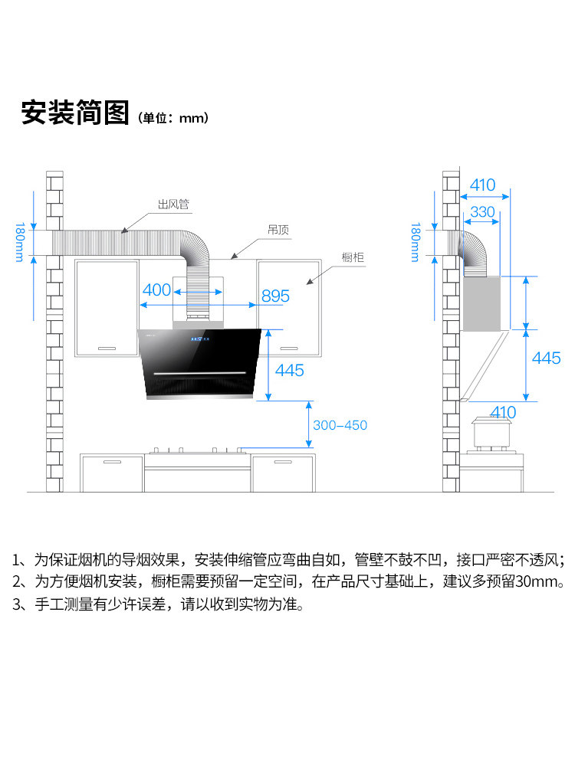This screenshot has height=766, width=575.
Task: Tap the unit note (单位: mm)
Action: click(x=173, y=118)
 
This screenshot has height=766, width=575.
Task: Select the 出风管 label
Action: click(x=173, y=205)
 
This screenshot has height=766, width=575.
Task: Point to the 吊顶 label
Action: click(x=278, y=229)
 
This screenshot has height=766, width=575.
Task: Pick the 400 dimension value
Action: click(x=156, y=290)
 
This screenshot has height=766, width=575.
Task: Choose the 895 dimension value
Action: click(x=275, y=296)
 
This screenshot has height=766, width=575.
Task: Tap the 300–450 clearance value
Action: click(x=340, y=425)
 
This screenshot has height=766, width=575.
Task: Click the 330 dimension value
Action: click(x=482, y=211)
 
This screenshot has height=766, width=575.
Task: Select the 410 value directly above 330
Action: click(x=482, y=185)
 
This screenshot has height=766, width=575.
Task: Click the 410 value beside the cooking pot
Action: click(x=503, y=412)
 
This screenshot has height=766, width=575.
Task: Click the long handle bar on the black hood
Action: click(x=205, y=373)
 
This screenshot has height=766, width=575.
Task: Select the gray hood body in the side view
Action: click(x=481, y=303)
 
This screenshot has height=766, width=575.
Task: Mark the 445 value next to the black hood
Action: click(x=289, y=371)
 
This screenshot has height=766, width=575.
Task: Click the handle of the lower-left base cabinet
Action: click(x=113, y=463)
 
